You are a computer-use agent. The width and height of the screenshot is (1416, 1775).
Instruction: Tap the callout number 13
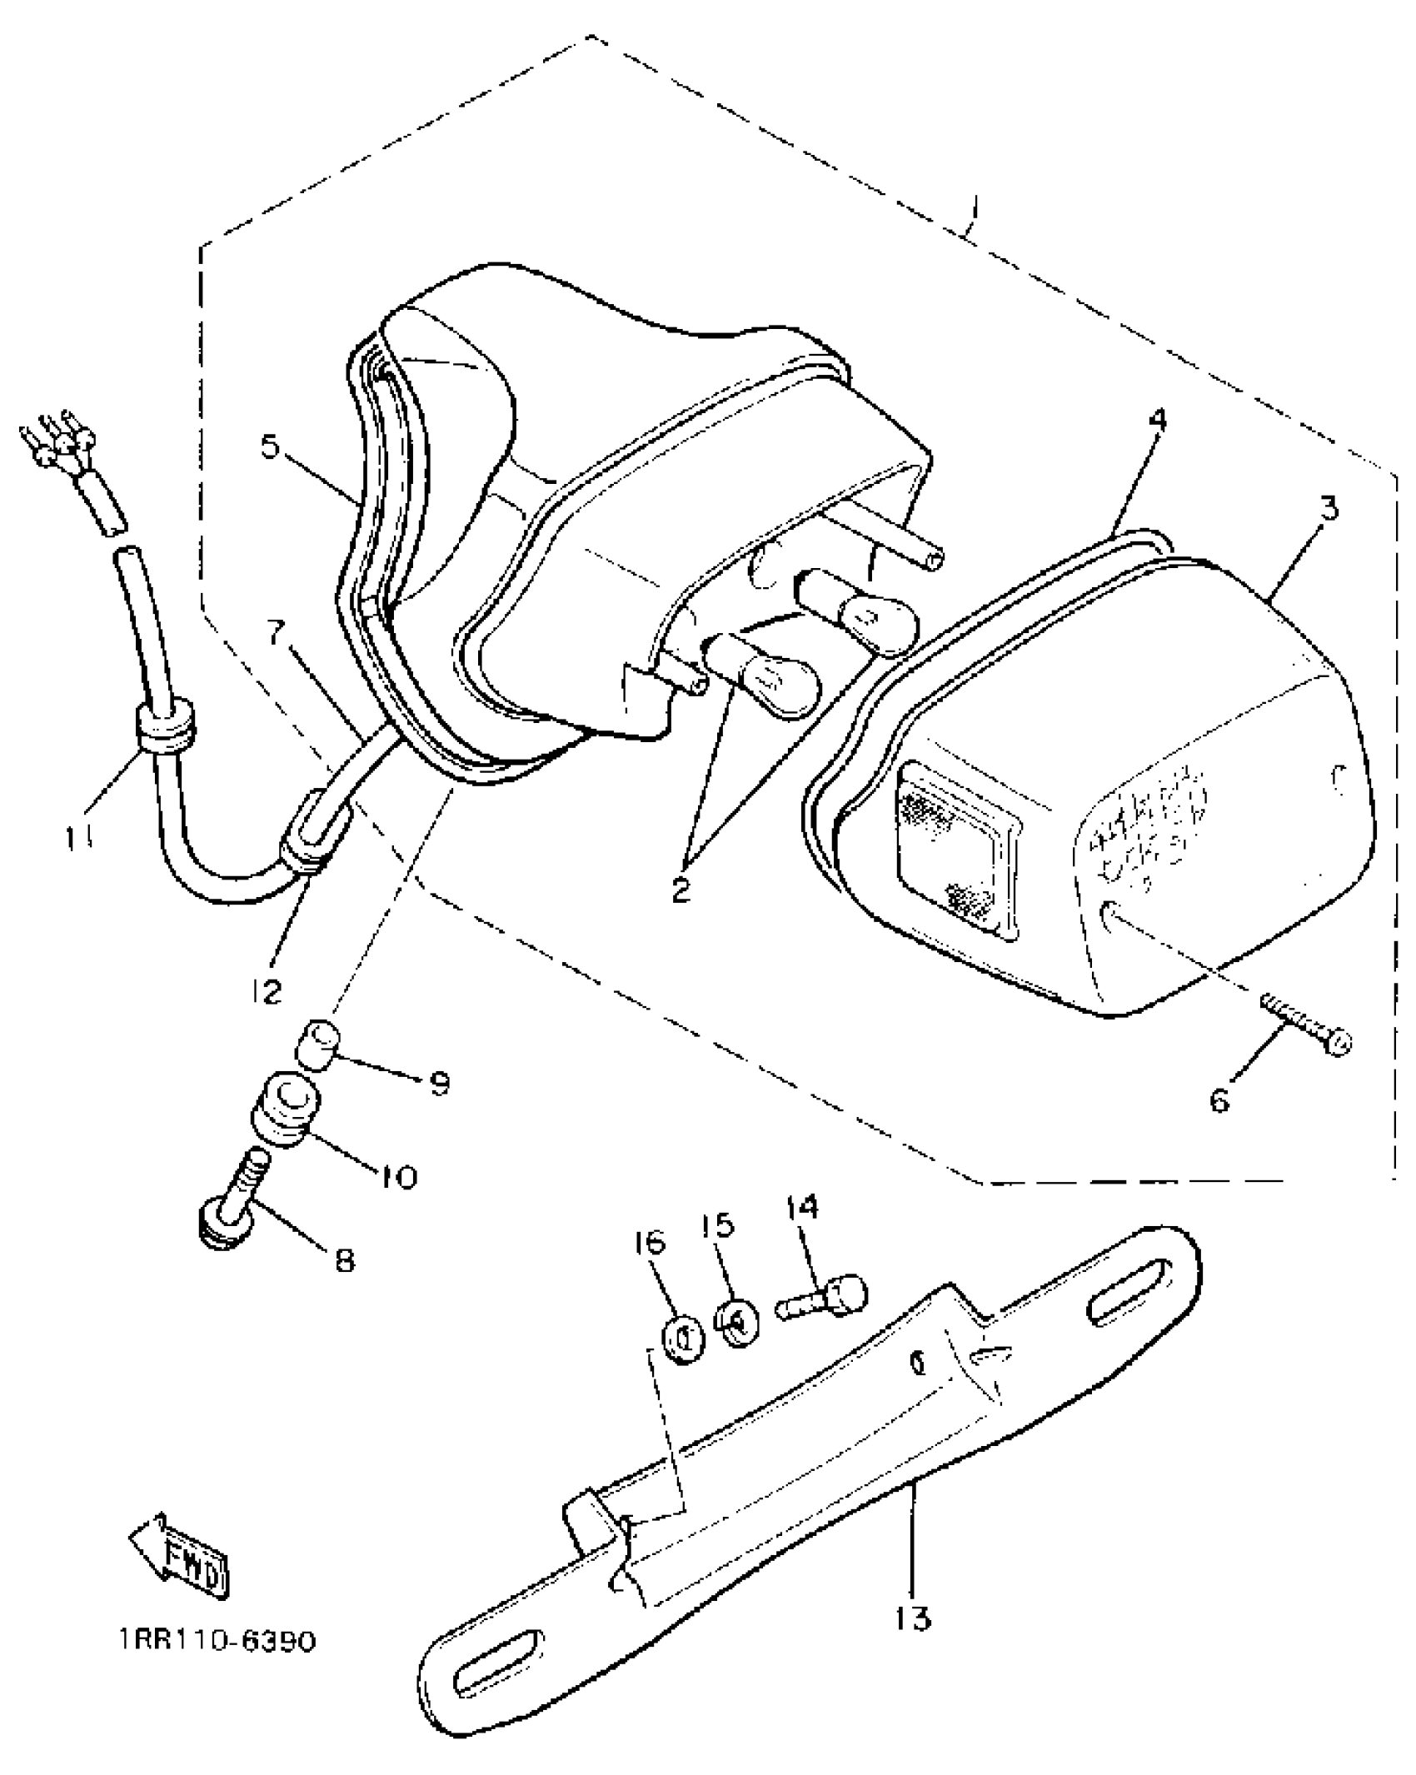[x=913, y=1618]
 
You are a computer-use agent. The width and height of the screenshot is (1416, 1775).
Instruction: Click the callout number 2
[x=681, y=890]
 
